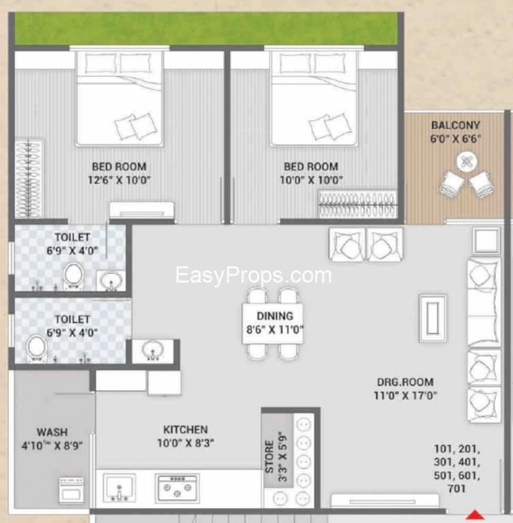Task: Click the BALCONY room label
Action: click(x=456, y=125)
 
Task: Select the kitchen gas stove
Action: click(x=177, y=488)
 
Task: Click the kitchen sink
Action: click(x=119, y=488)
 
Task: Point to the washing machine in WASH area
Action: click(x=72, y=490)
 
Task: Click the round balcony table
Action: click(x=467, y=162)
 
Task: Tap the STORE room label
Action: click(x=269, y=457)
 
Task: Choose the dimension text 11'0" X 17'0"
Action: click(x=405, y=396)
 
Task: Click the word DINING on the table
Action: click(x=275, y=316)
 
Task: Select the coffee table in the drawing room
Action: click(x=433, y=318)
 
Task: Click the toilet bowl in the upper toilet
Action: click(x=73, y=276)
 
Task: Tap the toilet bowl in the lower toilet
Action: click(x=37, y=349)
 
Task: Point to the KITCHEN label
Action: click(x=186, y=430)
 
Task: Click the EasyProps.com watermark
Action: click(x=253, y=276)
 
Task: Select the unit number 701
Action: click(x=456, y=489)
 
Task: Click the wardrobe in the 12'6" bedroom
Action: click(x=29, y=178)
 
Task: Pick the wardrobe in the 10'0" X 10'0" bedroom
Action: click(x=358, y=204)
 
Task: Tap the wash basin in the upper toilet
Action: click(x=111, y=280)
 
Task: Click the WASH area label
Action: click(x=52, y=432)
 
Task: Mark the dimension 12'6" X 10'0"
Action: click(x=119, y=180)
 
